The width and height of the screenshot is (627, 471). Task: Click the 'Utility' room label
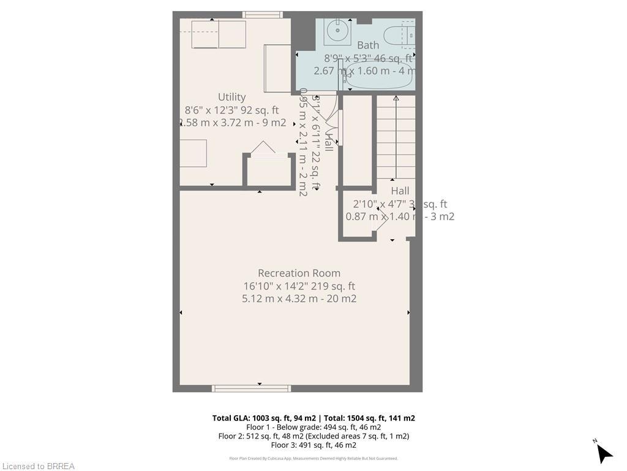231,97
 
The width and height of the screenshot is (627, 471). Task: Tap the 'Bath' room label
368,45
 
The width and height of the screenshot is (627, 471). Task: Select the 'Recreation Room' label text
299,273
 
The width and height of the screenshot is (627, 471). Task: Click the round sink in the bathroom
337,31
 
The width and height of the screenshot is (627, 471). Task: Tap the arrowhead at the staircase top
396,98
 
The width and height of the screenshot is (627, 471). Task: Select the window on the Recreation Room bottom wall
251,388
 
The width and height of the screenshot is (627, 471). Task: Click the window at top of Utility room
262,15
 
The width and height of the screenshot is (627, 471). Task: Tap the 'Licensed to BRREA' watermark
38,466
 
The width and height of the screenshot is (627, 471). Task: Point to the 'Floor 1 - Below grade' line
313,427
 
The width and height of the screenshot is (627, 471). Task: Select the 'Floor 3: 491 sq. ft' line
313,445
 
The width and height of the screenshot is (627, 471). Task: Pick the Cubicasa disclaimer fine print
313,458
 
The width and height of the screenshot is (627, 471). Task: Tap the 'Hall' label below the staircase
400,191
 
